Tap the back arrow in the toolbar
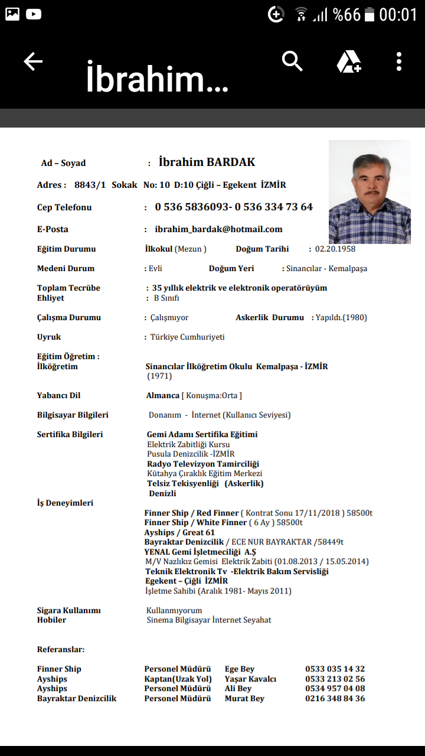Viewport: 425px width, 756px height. [x=33, y=61]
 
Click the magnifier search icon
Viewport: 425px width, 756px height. [x=292, y=61]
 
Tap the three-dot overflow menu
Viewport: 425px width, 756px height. [x=399, y=61]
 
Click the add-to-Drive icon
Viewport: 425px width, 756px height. [x=349, y=62]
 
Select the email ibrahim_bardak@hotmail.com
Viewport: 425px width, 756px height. [x=218, y=229]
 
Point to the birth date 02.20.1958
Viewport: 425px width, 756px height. [x=335, y=249]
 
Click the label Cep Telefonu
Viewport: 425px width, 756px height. [x=64, y=207]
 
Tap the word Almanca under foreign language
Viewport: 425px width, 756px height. [x=163, y=395]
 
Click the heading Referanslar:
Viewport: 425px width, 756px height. [x=61, y=649]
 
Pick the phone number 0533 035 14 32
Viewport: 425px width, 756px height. [x=335, y=669]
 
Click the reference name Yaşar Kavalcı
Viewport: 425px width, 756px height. [x=250, y=679]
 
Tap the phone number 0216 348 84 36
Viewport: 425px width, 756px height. [x=335, y=699]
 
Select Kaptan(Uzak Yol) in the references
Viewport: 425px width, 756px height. [x=178, y=679]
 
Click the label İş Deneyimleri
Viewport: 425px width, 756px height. [x=65, y=503]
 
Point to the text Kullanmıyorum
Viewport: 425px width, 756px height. [x=174, y=610]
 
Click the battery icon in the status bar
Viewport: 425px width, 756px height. [x=370, y=15]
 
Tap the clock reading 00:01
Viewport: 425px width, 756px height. [x=398, y=15]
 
